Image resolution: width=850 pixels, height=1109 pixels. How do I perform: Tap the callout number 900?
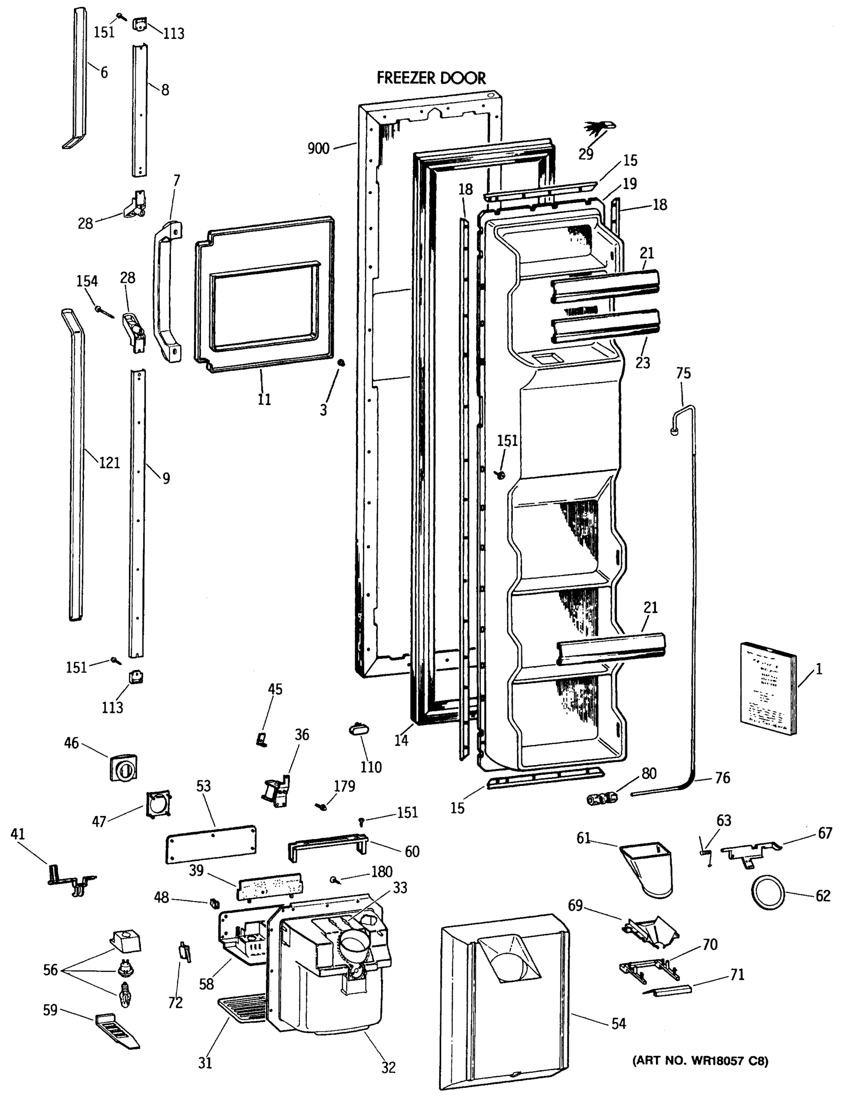click(x=318, y=148)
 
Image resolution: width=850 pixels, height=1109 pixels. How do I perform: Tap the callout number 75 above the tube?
click(x=683, y=373)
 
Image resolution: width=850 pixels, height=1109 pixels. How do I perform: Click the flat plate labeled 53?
click(x=211, y=843)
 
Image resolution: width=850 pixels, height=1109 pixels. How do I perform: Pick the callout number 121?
click(x=109, y=462)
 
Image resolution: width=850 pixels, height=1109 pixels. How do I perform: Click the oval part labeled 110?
click(x=358, y=729)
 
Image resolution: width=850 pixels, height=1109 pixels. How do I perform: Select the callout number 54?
click(x=618, y=1024)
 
